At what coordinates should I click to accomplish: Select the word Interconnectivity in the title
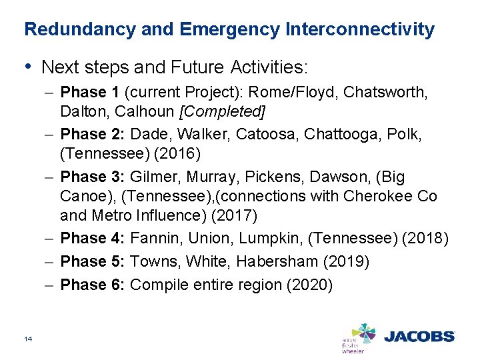(360, 30)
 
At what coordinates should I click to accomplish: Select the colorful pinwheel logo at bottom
(363, 333)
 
